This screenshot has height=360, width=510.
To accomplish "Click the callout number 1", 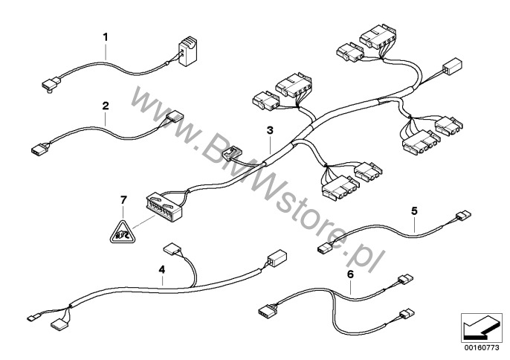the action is click(106, 37).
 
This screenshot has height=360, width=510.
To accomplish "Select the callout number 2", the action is click(106, 106).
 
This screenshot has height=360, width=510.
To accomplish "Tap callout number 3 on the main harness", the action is click(270, 130).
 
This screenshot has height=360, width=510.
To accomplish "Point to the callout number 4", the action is click(161, 269).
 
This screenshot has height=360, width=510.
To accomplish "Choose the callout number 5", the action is click(414, 211).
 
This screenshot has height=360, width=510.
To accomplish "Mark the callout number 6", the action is click(350, 274).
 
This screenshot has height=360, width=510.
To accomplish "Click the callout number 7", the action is click(123, 200).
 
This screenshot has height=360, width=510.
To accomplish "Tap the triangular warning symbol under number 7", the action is click(122, 232).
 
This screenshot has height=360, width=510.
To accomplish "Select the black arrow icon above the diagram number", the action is click(480, 328).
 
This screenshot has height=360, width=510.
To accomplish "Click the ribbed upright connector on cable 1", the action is click(187, 51).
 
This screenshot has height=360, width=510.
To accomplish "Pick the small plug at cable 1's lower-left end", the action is click(51, 84).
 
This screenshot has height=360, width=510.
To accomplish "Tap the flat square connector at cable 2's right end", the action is click(175, 118).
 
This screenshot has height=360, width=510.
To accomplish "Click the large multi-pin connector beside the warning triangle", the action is click(164, 207).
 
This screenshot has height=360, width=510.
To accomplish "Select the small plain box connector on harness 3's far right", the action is click(452, 66).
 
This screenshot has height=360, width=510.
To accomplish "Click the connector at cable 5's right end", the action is click(463, 215).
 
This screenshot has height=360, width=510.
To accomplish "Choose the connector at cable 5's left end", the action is click(325, 249).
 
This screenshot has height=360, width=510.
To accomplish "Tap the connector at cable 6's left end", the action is click(266, 311).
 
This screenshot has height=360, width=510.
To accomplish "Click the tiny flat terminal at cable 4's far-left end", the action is click(33, 317).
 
